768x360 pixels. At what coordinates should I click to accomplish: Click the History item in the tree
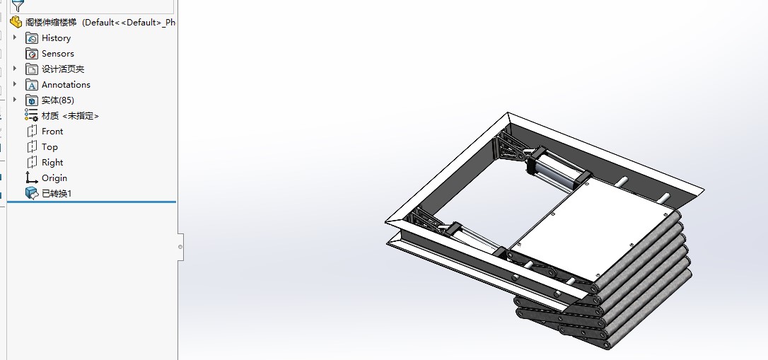point(56,38)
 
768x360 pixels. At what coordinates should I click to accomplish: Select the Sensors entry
point(58,54)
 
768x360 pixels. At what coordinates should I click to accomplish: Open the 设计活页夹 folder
point(63,69)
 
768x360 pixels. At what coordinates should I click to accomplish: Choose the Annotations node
point(66,85)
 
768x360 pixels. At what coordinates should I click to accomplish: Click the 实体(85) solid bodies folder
point(58,100)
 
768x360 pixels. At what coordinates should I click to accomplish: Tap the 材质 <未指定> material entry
point(70,116)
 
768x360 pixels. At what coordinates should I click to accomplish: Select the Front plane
point(52,132)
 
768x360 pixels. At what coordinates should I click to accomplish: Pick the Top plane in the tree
point(50,147)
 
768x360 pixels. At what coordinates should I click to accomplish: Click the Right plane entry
point(52,163)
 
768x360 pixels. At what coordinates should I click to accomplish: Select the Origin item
point(54,178)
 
